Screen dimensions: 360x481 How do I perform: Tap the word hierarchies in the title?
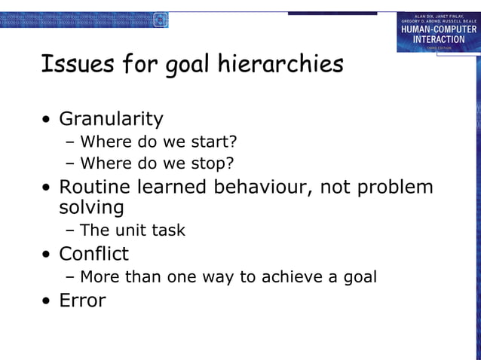pos(280,64)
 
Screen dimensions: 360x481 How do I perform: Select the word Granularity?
pos(111,119)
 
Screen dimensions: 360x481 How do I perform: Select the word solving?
pos(91,207)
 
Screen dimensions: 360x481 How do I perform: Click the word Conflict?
pos(93,254)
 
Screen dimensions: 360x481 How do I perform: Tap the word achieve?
pos(290,276)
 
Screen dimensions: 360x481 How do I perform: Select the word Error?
pos(82,300)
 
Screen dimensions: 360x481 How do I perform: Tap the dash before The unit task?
pos(70,230)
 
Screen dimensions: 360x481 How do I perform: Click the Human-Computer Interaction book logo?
pos(438,32)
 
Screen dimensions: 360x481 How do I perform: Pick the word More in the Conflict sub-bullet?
pos(100,276)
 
